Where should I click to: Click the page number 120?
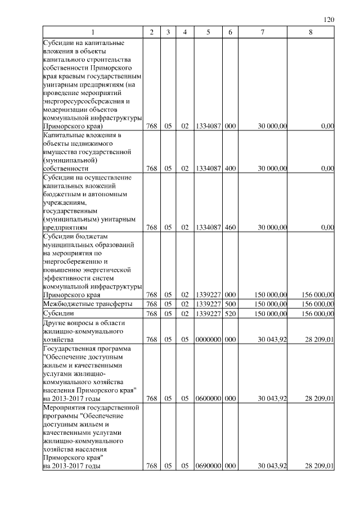tap(330, 20)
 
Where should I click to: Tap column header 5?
tap(208, 32)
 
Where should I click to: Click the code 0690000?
tap(208, 465)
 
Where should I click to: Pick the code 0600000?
tap(208, 399)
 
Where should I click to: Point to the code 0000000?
tap(208, 340)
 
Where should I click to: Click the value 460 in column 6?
tap(229, 228)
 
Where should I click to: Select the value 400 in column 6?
tap(229, 168)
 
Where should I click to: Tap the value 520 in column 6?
tap(229, 313)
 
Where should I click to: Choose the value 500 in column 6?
tap(229, 304)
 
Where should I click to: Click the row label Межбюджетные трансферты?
tap(87, 304)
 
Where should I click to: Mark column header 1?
tap(93, 32)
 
